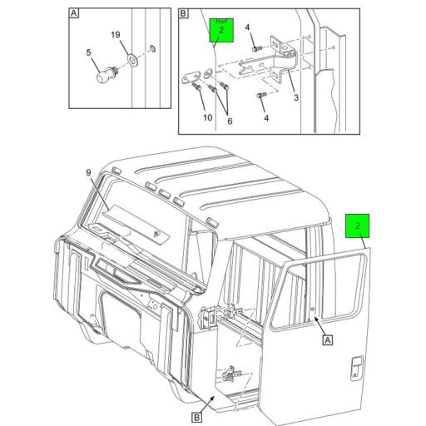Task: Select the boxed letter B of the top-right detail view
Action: coord(184,14)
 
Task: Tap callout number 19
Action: coord(116,35)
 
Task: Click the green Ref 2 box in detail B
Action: coord(220,30)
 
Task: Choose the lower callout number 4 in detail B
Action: coord(266,117)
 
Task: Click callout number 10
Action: coord(207,117)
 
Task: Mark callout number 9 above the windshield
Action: coord(86,173)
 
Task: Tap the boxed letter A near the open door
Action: coord(327,339)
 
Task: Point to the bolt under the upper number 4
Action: coord(257,49)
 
